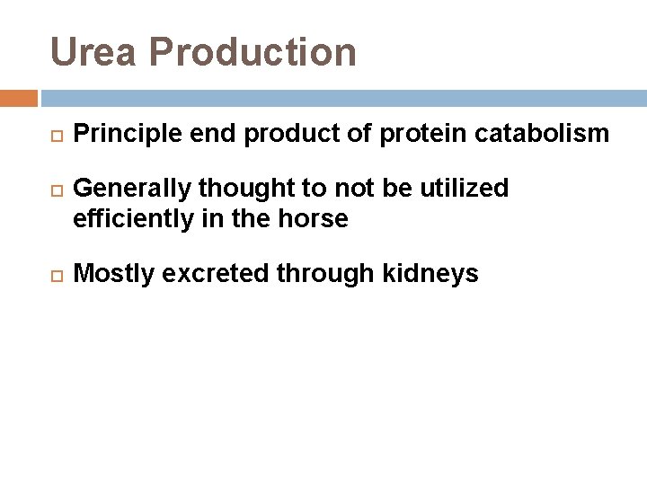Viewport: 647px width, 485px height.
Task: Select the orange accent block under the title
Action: (19, 97)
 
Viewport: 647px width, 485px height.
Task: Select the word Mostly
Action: (110, 275)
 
